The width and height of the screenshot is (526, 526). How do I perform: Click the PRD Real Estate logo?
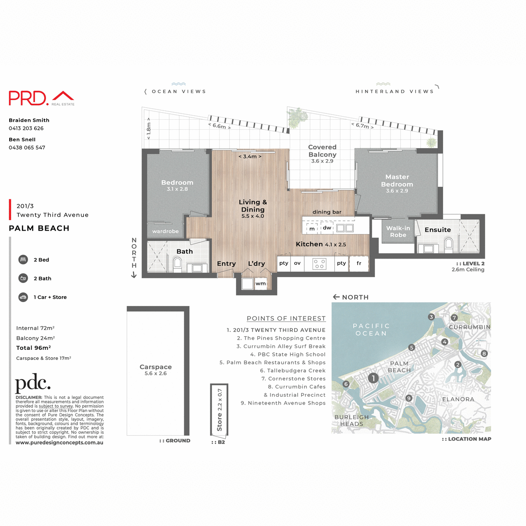click(x=42, y=98)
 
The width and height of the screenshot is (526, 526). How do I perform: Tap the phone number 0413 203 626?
click(x=26, y=128)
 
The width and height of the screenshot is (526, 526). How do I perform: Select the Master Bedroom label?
click(x=397, y=181)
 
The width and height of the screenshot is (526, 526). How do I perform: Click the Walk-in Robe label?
click(x=398, y=231)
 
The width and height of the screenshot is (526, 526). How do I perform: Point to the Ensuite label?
click(x=437, y=230)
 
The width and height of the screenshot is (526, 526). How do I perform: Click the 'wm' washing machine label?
click(x=261, y=284)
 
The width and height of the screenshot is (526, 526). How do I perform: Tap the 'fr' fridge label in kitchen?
click(x=359, y=263)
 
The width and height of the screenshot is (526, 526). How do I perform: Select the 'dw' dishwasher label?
click(x=327, y=228)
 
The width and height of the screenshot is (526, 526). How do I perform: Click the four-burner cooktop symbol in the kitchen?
click(x=319, y=263)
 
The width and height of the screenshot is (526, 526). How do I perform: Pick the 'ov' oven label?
click(x=297, y=263)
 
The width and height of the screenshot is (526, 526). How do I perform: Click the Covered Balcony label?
click(x=322, y=151)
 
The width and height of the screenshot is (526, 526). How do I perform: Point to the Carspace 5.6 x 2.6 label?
click(x=156, y=370)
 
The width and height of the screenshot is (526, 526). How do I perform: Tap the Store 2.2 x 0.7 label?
click(x=220, y=409)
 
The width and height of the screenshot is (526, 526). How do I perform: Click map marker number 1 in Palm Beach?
click(x=373, y=378)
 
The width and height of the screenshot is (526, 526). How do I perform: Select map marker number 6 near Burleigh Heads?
click(x=346, y=384)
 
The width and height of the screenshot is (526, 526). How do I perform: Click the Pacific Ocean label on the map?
click(x=371, y=330)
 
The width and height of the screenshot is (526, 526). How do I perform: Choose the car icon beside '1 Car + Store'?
click(x=23, y=297)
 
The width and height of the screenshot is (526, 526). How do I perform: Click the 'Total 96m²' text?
click(x=33, y=348)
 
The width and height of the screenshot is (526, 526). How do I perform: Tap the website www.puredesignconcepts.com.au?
click(x=60, y=443)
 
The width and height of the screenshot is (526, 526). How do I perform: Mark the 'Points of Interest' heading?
click(x=286, y=319)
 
